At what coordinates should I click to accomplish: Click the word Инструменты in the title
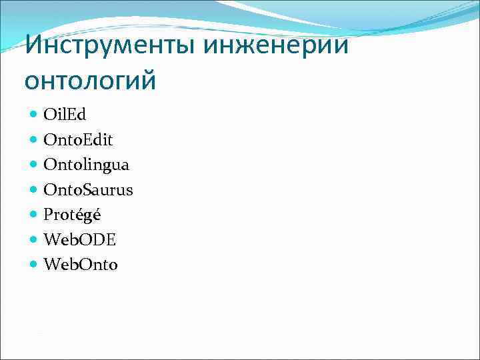click(x=110, y=46)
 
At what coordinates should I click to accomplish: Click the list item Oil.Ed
click(x=65, y=115)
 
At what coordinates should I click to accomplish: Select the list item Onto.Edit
click(x=78, y=140)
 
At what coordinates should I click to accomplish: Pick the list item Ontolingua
click(x=87, y=165)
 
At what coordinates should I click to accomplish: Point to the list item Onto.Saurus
click(x=88, y=190)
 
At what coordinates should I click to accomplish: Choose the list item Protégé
click(x=72, y=215)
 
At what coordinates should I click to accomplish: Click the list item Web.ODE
click(x=79, y=240)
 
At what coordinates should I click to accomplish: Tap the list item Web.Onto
click(x=81, y=265)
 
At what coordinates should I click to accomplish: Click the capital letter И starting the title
click(x=33, y=46)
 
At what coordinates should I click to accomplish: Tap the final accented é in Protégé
click(x=96, y=215)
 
